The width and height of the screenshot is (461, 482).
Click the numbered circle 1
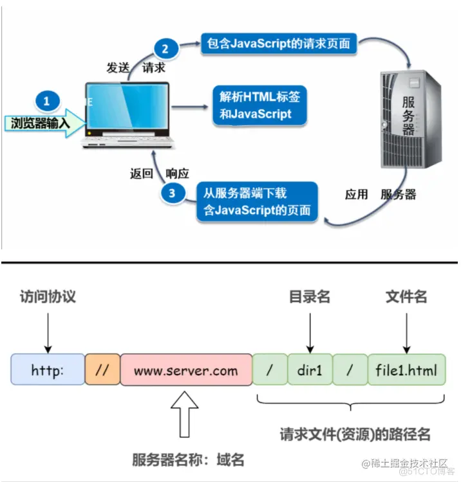(x=47, y=102)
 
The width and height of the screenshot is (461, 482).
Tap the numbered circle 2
(x=164, y=49)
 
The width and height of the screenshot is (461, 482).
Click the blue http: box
(x=48, y=370)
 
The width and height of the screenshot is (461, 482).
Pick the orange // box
(x=102, y=370)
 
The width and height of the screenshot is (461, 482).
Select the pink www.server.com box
(x=185, y=370)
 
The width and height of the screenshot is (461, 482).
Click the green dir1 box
(x=309, y=370)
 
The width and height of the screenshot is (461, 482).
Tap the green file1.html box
(x=406, y=370)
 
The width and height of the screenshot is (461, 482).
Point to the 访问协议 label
(x=48, y=297)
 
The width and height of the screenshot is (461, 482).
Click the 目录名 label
(x=310, y=297)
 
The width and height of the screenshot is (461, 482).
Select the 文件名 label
(x=406, y=297)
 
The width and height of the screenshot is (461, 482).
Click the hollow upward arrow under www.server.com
(x=185, y=418)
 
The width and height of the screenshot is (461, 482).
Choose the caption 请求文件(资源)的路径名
(x=355, y=434)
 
